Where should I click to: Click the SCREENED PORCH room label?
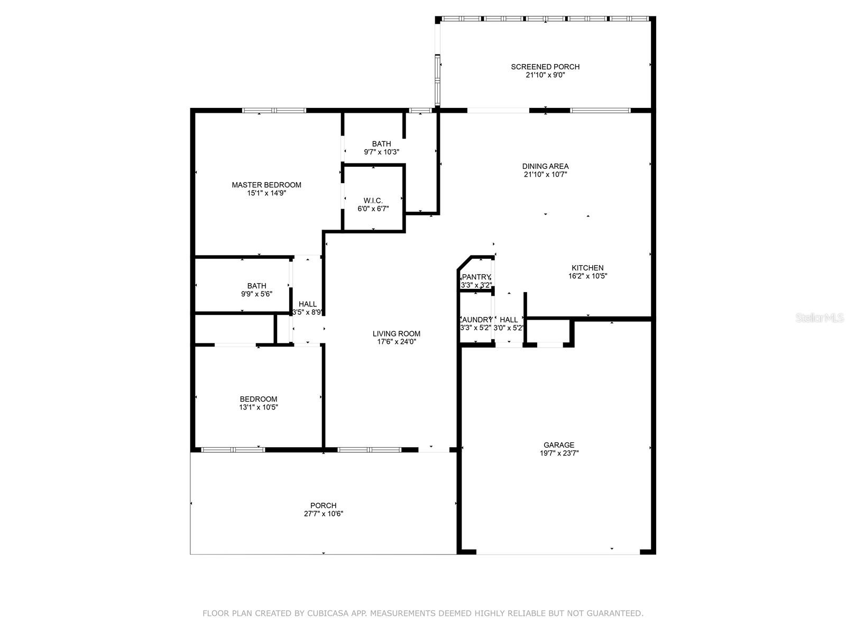pos(545,67)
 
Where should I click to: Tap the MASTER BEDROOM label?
pos(266,185)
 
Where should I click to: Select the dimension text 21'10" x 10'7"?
pos(545,174)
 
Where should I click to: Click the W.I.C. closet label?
pos(373,201)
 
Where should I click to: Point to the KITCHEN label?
pos(587,268)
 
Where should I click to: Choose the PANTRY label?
pos(476,277)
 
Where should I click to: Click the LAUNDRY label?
pos(476,320)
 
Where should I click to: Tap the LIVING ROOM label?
pos(396,333)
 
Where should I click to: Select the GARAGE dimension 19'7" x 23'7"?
pos(559,453)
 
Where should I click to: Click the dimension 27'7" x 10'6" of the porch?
pos(324,513)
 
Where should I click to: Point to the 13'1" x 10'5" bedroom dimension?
pos(258,407)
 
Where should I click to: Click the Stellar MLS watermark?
pos(820,317)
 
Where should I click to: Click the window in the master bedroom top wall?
pos(274,111)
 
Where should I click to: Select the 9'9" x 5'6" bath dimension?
pos(256,294)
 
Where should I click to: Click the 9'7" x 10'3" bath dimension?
pos(381,152)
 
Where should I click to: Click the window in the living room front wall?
pos(369,450)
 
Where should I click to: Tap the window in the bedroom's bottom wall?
pos(233,450)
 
